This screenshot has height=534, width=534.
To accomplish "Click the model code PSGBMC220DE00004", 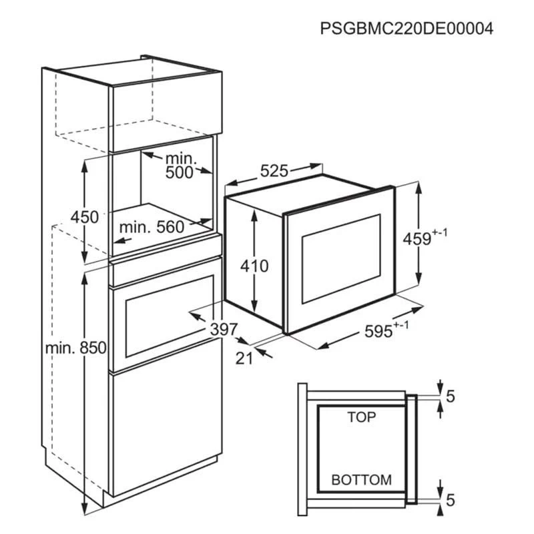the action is click(407, 29).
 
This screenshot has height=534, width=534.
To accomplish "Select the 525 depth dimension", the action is click(274, 171).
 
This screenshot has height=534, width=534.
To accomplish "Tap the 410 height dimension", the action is click(254, 266).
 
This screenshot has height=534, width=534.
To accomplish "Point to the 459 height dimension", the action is click(417, 239).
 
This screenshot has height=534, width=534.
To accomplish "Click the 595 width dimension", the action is click(378, 331).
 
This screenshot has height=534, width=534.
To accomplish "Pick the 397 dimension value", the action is click(224, 329).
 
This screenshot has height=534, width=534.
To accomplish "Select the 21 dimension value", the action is click(244, 358).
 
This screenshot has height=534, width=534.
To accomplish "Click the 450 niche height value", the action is click(85, 217).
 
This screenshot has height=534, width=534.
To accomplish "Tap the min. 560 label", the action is click(152, 227).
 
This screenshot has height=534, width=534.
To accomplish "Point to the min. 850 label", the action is click(76, 348).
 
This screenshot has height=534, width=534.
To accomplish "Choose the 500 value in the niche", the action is click(179, 173).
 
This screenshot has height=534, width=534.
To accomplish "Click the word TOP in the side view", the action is click(362, 417).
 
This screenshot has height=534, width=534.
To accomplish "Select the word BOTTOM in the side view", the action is click(361, 480).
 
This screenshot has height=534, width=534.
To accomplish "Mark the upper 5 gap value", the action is click(450, 396).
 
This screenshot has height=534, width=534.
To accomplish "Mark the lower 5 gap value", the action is click(450, 500).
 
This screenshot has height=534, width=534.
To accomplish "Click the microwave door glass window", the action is click(341, 259).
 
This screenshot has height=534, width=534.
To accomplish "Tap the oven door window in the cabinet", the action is click(170, 316).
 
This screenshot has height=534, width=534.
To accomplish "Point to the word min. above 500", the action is click(181, 158).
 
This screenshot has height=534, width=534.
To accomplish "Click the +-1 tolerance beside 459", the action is click(440, 233).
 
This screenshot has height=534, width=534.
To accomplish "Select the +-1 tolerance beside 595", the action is click(401, 325).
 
